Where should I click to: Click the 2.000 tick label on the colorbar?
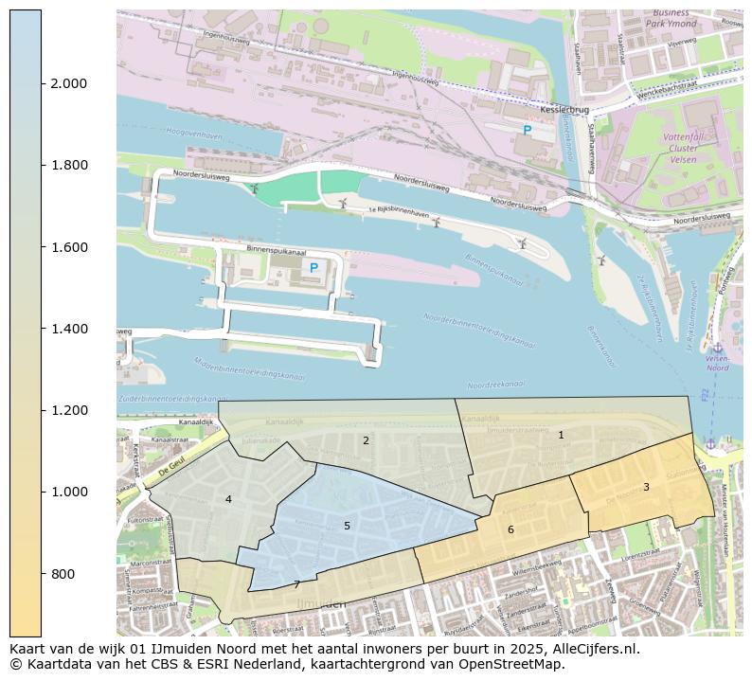[x=68, y=83]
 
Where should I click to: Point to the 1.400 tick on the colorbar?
[x=68, y=329]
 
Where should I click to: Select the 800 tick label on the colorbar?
[x=62, y=574]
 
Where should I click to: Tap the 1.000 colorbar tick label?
[x=68, y=492]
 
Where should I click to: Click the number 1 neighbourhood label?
[x=561, y=435]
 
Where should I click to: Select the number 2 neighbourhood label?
[x=366, y=440]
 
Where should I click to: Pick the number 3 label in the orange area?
[x=646, y=487]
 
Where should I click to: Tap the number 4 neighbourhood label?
[x=228, y=499]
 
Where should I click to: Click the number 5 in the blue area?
[x=347, y=526]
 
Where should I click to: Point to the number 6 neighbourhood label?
[x=510, y=529]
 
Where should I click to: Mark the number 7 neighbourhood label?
[x=296, y=584]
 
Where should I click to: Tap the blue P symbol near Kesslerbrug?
[x=528, y=130]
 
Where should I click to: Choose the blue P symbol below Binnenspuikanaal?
[x=313, y=268]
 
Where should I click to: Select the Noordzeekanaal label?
[x=496, y=385]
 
